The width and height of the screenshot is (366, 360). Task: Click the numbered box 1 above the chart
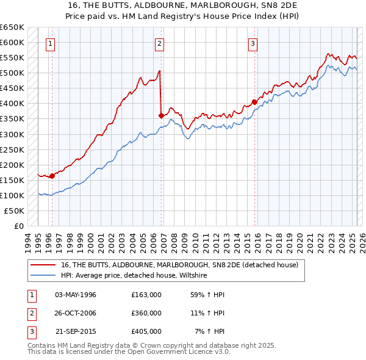click(49, 43)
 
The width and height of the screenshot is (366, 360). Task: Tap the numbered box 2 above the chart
click(159, 43)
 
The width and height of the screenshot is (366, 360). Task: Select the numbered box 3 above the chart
click(253, 43)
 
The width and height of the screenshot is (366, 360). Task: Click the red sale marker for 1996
click(52, 176)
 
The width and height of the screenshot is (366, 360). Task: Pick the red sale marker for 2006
click(161, 115)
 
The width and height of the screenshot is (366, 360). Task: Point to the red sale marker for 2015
click(254, 102)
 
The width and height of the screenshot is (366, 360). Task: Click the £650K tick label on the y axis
click(12, 27)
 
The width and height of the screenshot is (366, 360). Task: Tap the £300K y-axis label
click(12, 134)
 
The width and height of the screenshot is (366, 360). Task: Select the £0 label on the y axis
click(18, 226)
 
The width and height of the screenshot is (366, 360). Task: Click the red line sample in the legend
click(43, 265)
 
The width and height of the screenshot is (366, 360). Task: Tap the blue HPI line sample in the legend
click(43, 276)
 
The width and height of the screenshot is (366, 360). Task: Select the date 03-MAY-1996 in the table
click(76, 295)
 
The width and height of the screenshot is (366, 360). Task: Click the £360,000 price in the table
click(146, 313)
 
